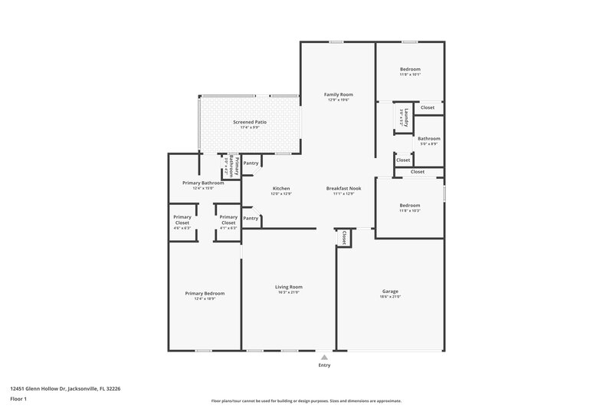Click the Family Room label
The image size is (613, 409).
338,94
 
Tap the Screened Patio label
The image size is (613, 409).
250,122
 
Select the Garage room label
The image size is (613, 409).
390,291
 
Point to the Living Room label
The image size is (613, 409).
289,287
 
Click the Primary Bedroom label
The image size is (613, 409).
205,293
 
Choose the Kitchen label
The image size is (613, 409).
280,188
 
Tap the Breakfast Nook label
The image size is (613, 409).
343,188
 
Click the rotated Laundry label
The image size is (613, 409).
406,117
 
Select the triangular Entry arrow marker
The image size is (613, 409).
324,357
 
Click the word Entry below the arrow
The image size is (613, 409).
324,365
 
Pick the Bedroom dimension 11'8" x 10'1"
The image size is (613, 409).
410,75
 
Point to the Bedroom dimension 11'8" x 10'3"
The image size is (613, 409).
410,211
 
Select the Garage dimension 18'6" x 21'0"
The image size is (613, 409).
390,297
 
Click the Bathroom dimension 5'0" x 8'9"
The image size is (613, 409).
428,144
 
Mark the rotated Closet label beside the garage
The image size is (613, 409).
344,238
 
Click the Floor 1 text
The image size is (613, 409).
18,399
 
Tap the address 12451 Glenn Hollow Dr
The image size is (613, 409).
65,388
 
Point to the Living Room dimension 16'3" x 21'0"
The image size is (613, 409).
289,293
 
